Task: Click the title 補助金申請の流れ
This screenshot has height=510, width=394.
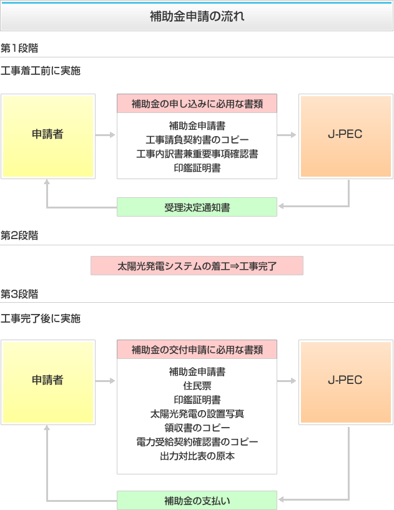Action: pyautogui.click(x=197, y=16)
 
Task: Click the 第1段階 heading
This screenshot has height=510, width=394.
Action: pyautogui.click(x=19, y=48)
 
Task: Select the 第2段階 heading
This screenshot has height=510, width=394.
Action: pyautogui.click(x=19, y=235)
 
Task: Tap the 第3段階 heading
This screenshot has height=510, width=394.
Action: pyautogui.click(x=19, y=294)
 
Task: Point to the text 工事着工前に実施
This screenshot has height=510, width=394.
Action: pyautogui.click(x=41, y=71)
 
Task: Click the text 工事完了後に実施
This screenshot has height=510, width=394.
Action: pyautogui.click(x=41, y=318)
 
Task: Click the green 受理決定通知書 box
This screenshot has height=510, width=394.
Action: pyautogui.click(x=197, y=207)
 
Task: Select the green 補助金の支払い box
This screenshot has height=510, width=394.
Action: pyautogui.click(x=197, y=500)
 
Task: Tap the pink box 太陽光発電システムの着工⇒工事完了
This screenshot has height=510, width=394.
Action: pyautogui.click(x=197, y=266)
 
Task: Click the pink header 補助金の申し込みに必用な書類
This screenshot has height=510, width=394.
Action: pyautogui.click(x=197, y=104)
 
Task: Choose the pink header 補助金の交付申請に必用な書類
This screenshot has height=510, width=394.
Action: pyautogui.click(x=197, y=350)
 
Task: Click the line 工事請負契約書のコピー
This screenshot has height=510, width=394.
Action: pyautogui.click(x=197, y=140)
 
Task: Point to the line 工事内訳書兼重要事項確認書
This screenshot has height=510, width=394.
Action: pyautogui.click(x=197, y=154)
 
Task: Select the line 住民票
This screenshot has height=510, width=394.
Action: pyautogui.click(x=197, y=386)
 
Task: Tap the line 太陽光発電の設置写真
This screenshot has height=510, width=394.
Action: pyautogui.click(x=197, y=414)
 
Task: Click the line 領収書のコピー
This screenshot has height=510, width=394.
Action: pyautogui.click(x=197, y=428)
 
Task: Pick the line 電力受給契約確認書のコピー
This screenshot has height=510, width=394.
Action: pyautogui.click(x=197, y=442)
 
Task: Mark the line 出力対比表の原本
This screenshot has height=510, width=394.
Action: pyautogui.click(x=197, y=456)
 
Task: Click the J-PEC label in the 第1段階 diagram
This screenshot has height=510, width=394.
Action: pyautogui.click(x=345, y=134)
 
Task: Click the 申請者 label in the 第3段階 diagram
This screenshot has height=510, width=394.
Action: pyautogui.click(x=47, y=380)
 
